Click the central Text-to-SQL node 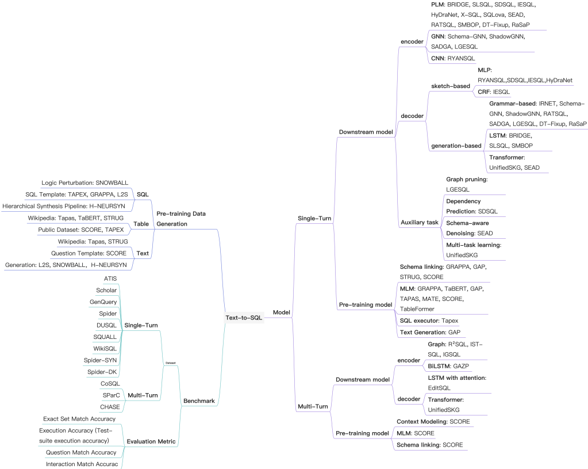pyautogui.click(x=244, y=318)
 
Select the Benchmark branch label pyautogui.click(x=199, y=401)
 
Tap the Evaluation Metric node pyautogui.click(x=151, y=441)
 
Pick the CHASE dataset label pyautogui.click(x=110, y=407)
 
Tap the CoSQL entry pyautogui.click(x=110, y=383)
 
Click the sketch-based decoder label pyautogui.click(x=451, y=86)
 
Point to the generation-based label pyautogui.click(x=456, y=146)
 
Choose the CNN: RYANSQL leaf pyautogui.click(x=454, y=58)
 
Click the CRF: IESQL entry pyautogui.click(x=493, y=91)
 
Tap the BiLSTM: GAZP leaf pyautogui.click(x=449, y=366)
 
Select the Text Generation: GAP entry pyautogui.click(x=430, y=332)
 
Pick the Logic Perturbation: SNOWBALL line pyautogui.click(x=85, y=182)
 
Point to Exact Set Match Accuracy pyautogui.click(x=79, y=418)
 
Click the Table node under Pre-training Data pyautogui.click(x=141, y=223)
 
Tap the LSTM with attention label pyautogui.click(x=458, y=378)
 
